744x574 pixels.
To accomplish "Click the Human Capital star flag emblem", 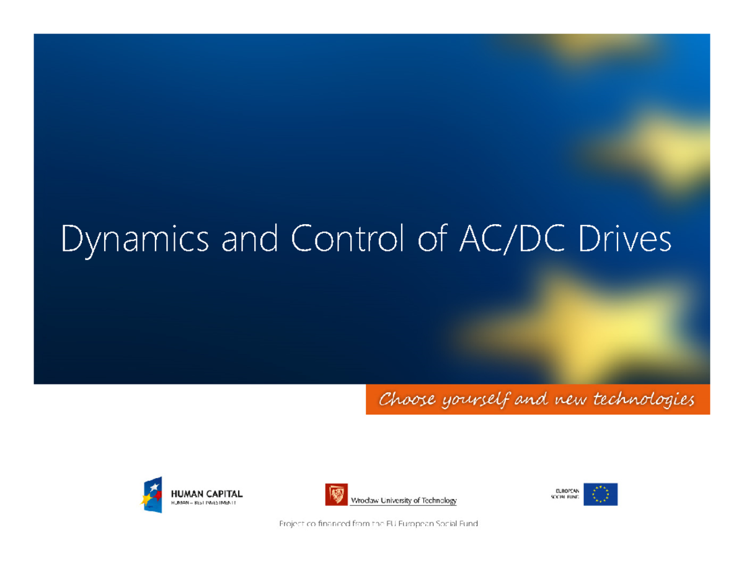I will (153, 494).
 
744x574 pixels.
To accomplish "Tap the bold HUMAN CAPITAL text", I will (206, 494).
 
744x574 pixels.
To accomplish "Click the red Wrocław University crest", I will (336, 494).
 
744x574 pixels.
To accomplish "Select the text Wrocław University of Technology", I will (404, 500).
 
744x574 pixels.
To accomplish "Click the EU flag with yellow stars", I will (600, 494).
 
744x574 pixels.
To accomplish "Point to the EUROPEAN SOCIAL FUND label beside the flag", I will (565, 494).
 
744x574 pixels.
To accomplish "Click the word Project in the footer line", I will (291, 524).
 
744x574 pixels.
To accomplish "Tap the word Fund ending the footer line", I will (469, 524).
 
